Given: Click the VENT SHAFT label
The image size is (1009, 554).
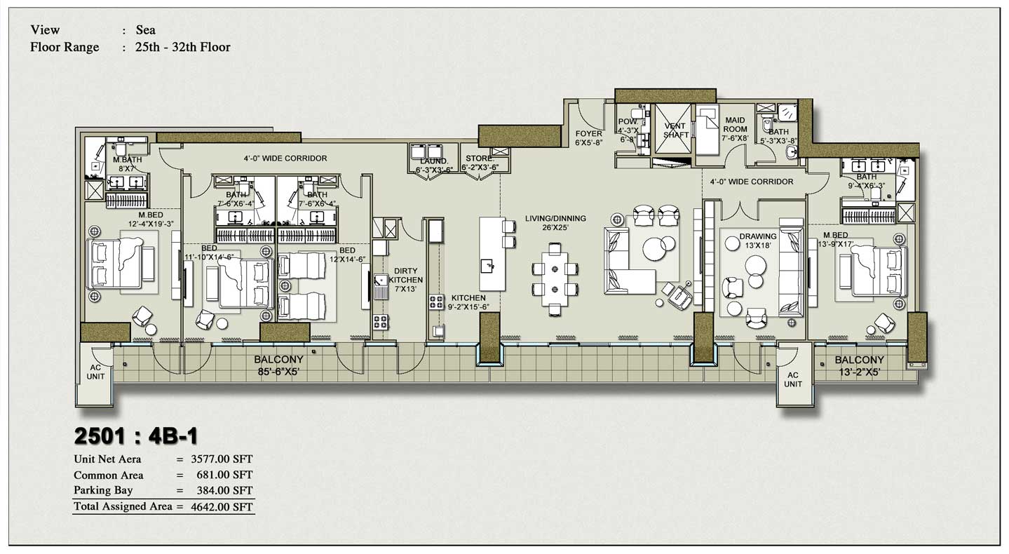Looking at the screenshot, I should pos(675,130).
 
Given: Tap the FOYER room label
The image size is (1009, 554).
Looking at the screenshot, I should pos(588,138).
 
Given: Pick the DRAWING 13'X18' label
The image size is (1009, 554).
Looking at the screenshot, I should pos(757,241).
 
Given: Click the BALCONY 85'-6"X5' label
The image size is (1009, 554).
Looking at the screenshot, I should pos(278,366).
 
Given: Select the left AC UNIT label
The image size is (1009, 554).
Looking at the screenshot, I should pos(95,372).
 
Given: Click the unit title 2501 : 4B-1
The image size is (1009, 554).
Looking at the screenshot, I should pos(136,435).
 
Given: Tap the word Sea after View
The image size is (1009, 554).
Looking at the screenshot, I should pos(145,30).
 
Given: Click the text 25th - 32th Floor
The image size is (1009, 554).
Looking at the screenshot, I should pos(183,48).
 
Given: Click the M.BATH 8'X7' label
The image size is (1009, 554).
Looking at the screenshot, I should pos(127,164).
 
